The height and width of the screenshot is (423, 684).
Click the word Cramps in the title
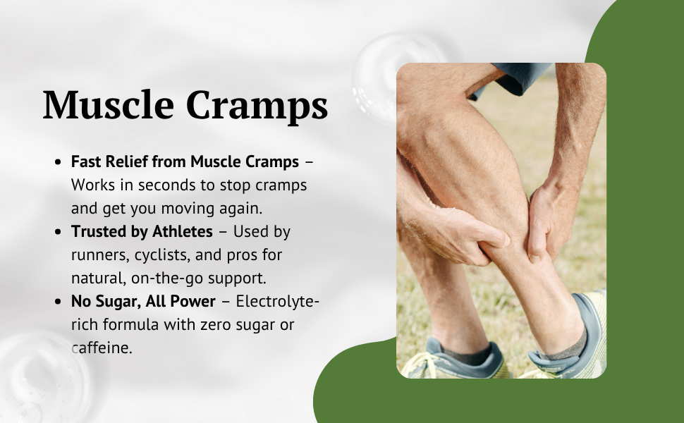pyautogui.click(x=257, y=108)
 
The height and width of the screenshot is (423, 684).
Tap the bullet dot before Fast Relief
pyautogui.click(x=58, y=162)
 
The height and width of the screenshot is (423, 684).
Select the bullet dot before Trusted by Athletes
pyautogui.click(x=58, y=232)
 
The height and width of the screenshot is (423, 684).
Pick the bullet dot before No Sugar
pyautogui.click(x=58, y=302)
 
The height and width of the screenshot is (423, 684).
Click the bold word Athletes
pyautogui.click(x=183, y=231)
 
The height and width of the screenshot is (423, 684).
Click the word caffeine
pyautogui.click(x=102, y=348)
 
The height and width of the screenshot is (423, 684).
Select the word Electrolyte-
pyautogui.click(x=278, y=301)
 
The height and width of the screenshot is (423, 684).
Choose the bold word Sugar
pyautogui.click(x=117, y=302)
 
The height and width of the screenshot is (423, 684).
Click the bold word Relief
pyautogui.click(x=126, y=161)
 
